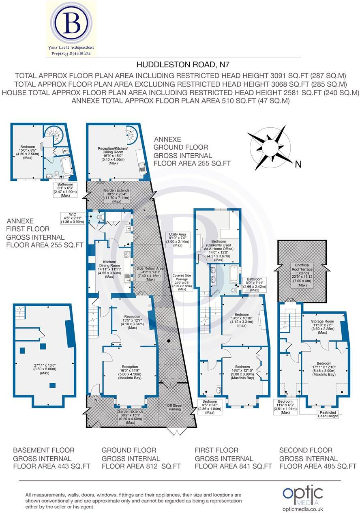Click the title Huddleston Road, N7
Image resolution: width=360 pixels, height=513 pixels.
tap(180, 64)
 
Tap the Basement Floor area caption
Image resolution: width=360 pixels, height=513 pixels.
tap(51, 458)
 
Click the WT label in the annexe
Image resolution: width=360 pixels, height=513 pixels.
tap(65, 151)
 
